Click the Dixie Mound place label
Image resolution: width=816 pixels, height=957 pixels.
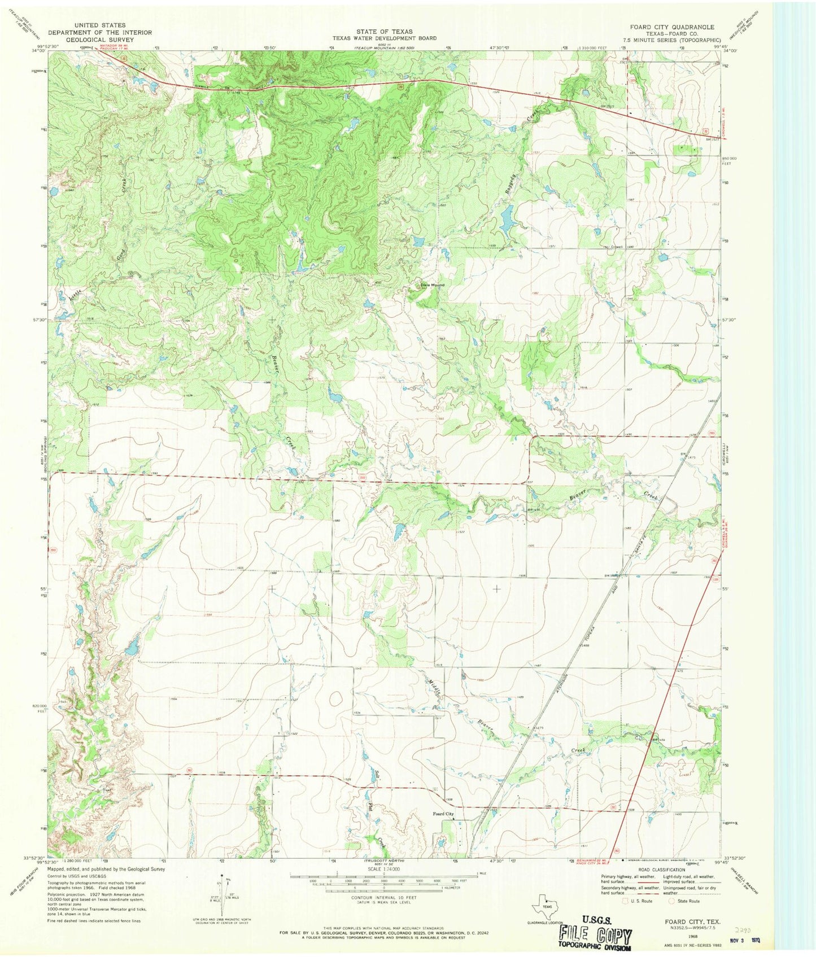[431, 285]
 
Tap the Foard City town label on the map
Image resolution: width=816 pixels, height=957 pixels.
[443, 814]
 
